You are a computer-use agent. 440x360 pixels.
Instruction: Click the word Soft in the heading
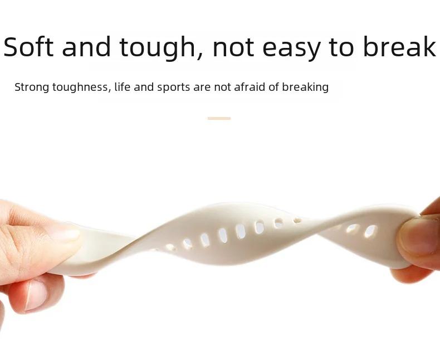point(28,47)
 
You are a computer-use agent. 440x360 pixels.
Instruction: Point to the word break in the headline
point(399,46)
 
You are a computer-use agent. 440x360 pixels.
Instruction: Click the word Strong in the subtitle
point(32,87)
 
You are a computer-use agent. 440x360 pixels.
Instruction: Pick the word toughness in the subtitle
point(82,87)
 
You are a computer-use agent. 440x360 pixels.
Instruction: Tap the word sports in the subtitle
point(173,87)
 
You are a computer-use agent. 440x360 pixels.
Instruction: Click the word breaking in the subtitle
point(305,87)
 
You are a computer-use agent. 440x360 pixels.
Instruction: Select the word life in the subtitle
point(123,87)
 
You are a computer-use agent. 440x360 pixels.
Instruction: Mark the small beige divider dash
point(219,119)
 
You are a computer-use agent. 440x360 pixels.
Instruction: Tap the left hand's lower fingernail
point(36,295)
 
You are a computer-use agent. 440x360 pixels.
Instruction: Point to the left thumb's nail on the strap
point(64,235)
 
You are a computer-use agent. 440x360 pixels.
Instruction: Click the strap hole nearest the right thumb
point(370,232)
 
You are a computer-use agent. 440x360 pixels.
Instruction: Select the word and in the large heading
point(86,46)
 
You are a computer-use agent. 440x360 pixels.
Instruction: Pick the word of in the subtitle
point(273,87)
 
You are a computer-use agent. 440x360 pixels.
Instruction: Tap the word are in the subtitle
point(202,88)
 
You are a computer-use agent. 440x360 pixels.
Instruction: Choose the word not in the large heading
point(233,47)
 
